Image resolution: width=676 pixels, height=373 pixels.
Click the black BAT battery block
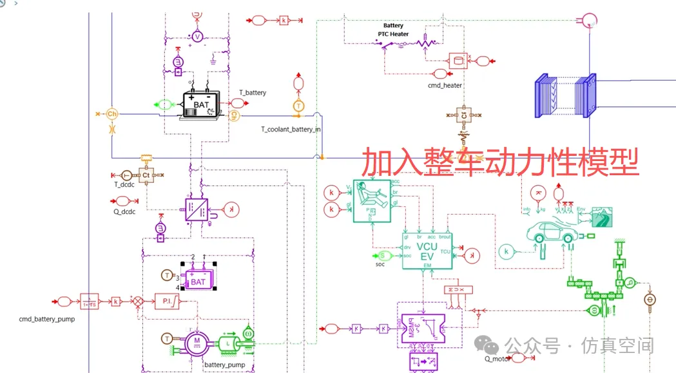[x=201, y=104]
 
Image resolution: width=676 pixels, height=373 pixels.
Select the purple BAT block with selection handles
[x=198, y=281]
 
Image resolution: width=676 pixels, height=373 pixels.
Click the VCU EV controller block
[x=427, y=251]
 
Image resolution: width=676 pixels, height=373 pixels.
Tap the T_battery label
[x=253, y=93]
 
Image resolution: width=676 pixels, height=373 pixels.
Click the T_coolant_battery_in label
[x=291, y=129]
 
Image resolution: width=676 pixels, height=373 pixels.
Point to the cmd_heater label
[x=445, y=85]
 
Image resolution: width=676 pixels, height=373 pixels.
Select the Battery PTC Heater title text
[x=393, y=30]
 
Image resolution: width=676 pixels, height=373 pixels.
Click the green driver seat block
[x=372, y=201]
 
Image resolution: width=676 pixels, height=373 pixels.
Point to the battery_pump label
[x=224, y=365]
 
